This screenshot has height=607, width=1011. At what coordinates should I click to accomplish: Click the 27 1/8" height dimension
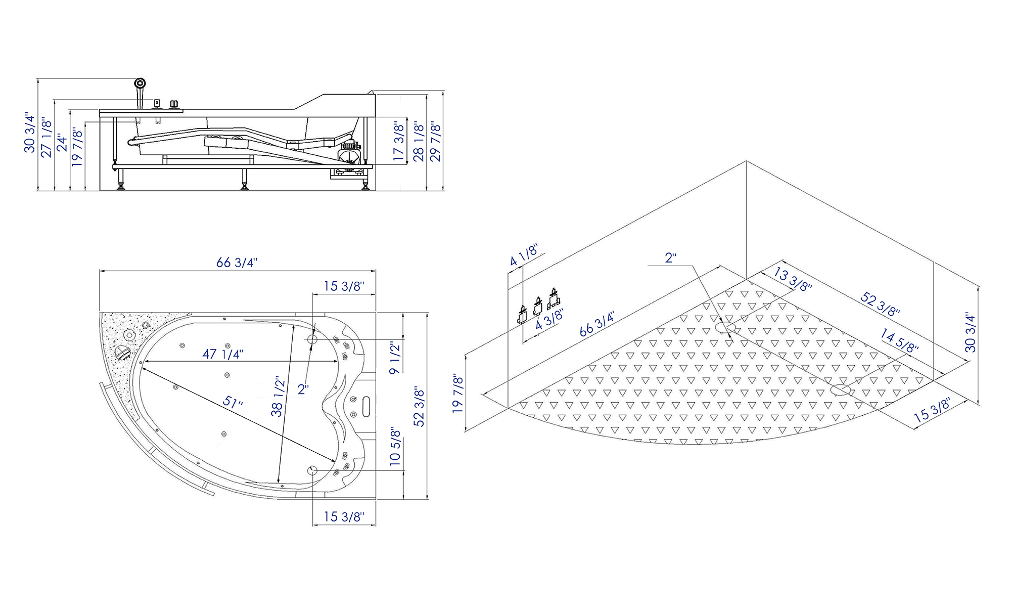(x=46, y=138)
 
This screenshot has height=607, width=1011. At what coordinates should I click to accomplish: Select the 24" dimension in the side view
(x=62, y=143)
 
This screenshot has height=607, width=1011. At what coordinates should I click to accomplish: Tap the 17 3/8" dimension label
(x=399, y=141)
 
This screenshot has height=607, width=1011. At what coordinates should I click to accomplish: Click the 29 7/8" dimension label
(x=435, y=141)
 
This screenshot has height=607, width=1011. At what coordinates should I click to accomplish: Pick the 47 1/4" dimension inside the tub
(x=223, y=354)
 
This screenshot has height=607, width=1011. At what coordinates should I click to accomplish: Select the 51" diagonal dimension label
(x=233, y=403)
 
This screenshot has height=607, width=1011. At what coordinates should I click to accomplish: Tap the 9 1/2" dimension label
(x=395, y=357)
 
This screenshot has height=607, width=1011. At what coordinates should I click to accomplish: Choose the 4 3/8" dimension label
(x=549, y=319)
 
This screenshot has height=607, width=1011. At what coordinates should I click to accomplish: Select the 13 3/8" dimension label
(x=793, y=279)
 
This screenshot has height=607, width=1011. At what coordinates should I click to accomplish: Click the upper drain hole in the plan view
(x=312, y=339)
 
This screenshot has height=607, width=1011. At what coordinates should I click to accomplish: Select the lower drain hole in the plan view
(x=312, y=471)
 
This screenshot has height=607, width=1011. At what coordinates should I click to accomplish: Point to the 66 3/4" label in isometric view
(x=597, y=324)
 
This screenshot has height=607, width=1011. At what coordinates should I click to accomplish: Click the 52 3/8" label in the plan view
(x=419, y=406)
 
